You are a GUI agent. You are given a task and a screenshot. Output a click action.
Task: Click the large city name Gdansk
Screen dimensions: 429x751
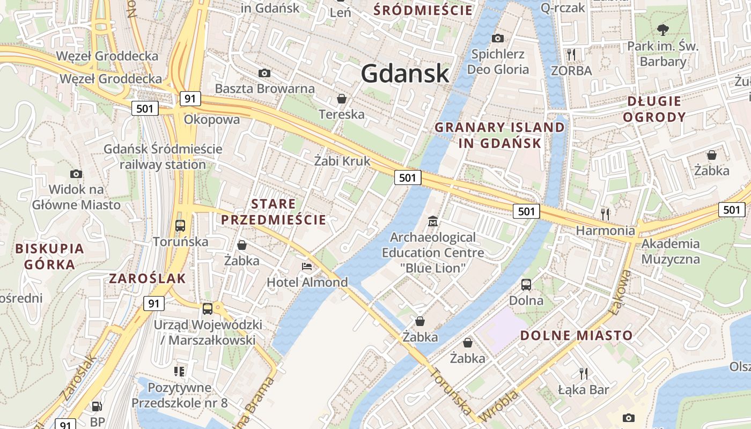[405, 73]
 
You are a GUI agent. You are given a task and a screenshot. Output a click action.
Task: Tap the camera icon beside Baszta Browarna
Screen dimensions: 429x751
[264, 73]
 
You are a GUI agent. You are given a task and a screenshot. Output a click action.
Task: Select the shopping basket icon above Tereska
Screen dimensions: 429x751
[341, 99]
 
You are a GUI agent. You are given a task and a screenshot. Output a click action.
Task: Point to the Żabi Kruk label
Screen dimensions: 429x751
[342, 160]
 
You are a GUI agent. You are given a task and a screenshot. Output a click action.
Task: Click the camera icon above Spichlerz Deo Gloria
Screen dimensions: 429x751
[498, 38]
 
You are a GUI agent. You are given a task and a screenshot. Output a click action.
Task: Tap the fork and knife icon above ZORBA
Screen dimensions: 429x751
[571, 54]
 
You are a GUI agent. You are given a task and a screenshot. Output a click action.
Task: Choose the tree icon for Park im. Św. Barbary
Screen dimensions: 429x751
[663, 29]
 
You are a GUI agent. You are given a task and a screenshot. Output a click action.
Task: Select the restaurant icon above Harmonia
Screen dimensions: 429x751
[605, 214]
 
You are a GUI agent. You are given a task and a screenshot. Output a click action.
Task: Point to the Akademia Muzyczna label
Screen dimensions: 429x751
[671, 252]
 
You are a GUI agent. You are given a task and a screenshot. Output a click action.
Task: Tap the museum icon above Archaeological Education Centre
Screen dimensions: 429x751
[432, 221]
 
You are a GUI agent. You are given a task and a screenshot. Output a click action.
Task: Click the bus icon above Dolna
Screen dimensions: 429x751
[526, 284]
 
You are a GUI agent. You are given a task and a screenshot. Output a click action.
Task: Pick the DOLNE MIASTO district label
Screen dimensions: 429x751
[577, 336]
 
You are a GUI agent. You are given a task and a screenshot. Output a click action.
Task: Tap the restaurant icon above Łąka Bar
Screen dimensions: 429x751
[583, 373]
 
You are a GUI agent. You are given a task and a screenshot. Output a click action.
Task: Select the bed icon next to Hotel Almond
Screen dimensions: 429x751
[307, 267]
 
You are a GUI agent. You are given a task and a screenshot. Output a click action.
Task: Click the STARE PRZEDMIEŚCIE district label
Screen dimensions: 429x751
[274, 212]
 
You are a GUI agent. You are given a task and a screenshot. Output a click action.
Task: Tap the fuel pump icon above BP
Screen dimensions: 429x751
[97, 407]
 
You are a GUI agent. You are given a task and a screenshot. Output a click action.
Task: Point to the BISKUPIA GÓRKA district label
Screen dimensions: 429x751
[50, 256]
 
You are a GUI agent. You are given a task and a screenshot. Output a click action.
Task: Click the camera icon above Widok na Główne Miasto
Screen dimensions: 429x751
[76, 174]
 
